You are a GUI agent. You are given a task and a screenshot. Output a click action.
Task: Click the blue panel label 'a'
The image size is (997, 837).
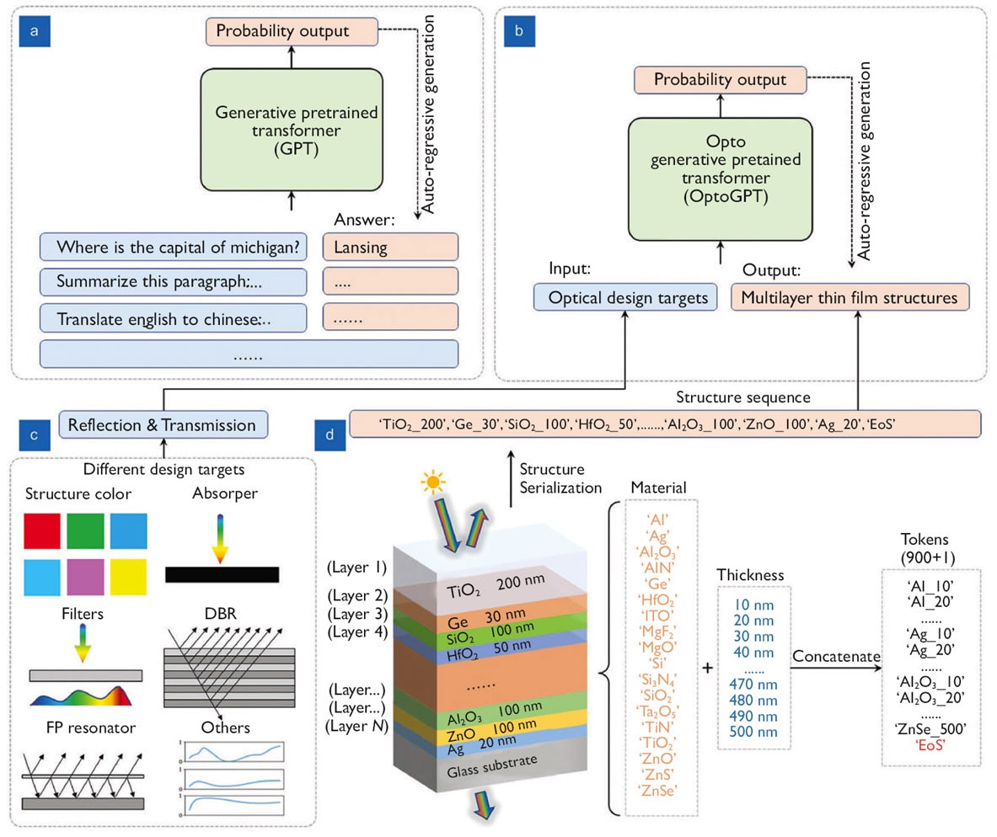[33, 34]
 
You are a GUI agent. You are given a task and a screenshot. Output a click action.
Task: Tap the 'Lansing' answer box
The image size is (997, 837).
[390, 247]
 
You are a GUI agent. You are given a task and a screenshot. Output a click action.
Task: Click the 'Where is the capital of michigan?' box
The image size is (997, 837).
[173, 247]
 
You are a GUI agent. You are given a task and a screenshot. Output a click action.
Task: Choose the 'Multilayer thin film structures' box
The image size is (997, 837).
[850, 297]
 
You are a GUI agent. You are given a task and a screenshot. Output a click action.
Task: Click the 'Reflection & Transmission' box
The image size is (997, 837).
[163, 424]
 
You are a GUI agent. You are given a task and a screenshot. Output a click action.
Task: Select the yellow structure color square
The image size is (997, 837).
[128, 577]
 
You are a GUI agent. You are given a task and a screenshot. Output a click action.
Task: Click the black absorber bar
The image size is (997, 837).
[222, 574]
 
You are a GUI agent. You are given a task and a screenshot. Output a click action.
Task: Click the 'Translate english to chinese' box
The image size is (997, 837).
[173, 319]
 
